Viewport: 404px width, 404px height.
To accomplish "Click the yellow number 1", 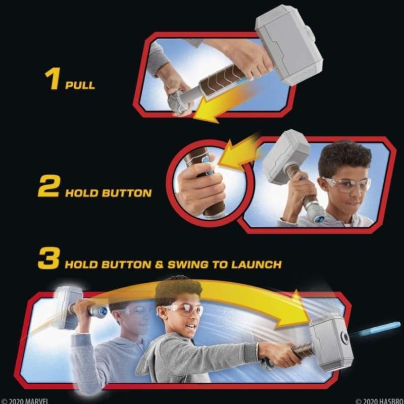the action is pos(53,79).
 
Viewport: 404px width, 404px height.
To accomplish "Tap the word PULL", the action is pos(80,85).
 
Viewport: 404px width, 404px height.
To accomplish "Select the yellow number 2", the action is pos(49,186).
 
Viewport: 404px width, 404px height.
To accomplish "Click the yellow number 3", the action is pos(49,258).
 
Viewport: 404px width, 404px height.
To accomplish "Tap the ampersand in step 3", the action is pos(159,265).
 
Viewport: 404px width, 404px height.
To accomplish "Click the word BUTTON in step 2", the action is pos(127,193).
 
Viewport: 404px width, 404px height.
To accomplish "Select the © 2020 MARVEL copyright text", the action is pos(24,401).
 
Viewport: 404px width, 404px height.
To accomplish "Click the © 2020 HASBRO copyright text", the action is pos(380,401).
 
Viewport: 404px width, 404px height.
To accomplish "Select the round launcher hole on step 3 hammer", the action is pos(344,337).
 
